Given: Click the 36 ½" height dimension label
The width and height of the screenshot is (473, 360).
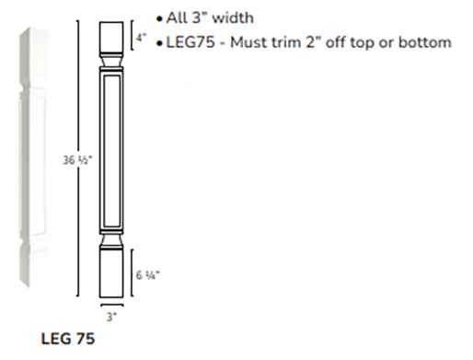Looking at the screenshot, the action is [77, 160].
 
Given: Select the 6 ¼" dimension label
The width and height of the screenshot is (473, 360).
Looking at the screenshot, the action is [147, 275].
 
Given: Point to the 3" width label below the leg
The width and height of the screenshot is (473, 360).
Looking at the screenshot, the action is [111, 317].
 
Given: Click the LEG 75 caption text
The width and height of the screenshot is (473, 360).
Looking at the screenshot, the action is [68, 339].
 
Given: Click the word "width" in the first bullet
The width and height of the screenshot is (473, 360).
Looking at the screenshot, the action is [233, 17].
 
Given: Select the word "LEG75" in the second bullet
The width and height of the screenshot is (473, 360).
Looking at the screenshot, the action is [190, 42].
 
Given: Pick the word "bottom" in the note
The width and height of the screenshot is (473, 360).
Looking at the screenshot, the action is [425, 42].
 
